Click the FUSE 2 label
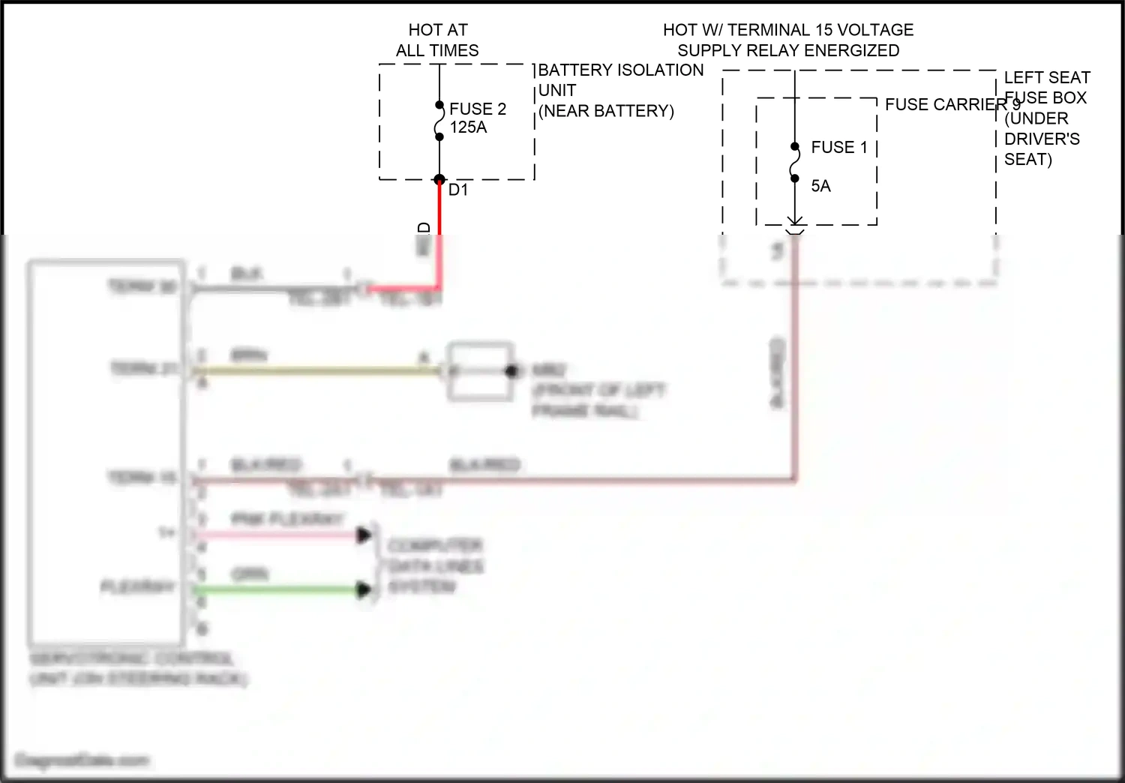pyautogui.click(x=478, y=109)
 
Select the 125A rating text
pyautogui.click(x=468, y=127)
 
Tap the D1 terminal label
pyautogui.click(x=458, y=190)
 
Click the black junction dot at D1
pyautogui.click(x=439, y=180)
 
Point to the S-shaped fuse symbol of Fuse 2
pyautogui.click(x=439, y=121)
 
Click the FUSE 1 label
pyautogui.click(x=839, y=147)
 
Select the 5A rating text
pyautogui.click(x=820, y=186)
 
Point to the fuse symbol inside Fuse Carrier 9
pyautogui.click(x=795, y=163)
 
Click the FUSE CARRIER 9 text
pyautogui.click(x=951, y=105)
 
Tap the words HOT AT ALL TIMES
pyautogui.click(x=437, y=40)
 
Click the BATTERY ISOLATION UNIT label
pyautogui.click(x=621, y=79)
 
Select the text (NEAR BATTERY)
pyautogui.click(x=606, y=111)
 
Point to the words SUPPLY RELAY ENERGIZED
pyautogui.click(x=788, y=51)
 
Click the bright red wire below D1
pyautogui.click(x=439, y=225)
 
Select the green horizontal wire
pyautogui.click(x=277, y=590)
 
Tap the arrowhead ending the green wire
pyautogui.click(x=364, y=590)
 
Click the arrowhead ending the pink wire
pyautogui.click(x=364, y=535)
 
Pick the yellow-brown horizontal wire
pyautogui.click(x=315, y=370)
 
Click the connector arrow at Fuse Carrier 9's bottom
pyautogui.click(x=795, y=222)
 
